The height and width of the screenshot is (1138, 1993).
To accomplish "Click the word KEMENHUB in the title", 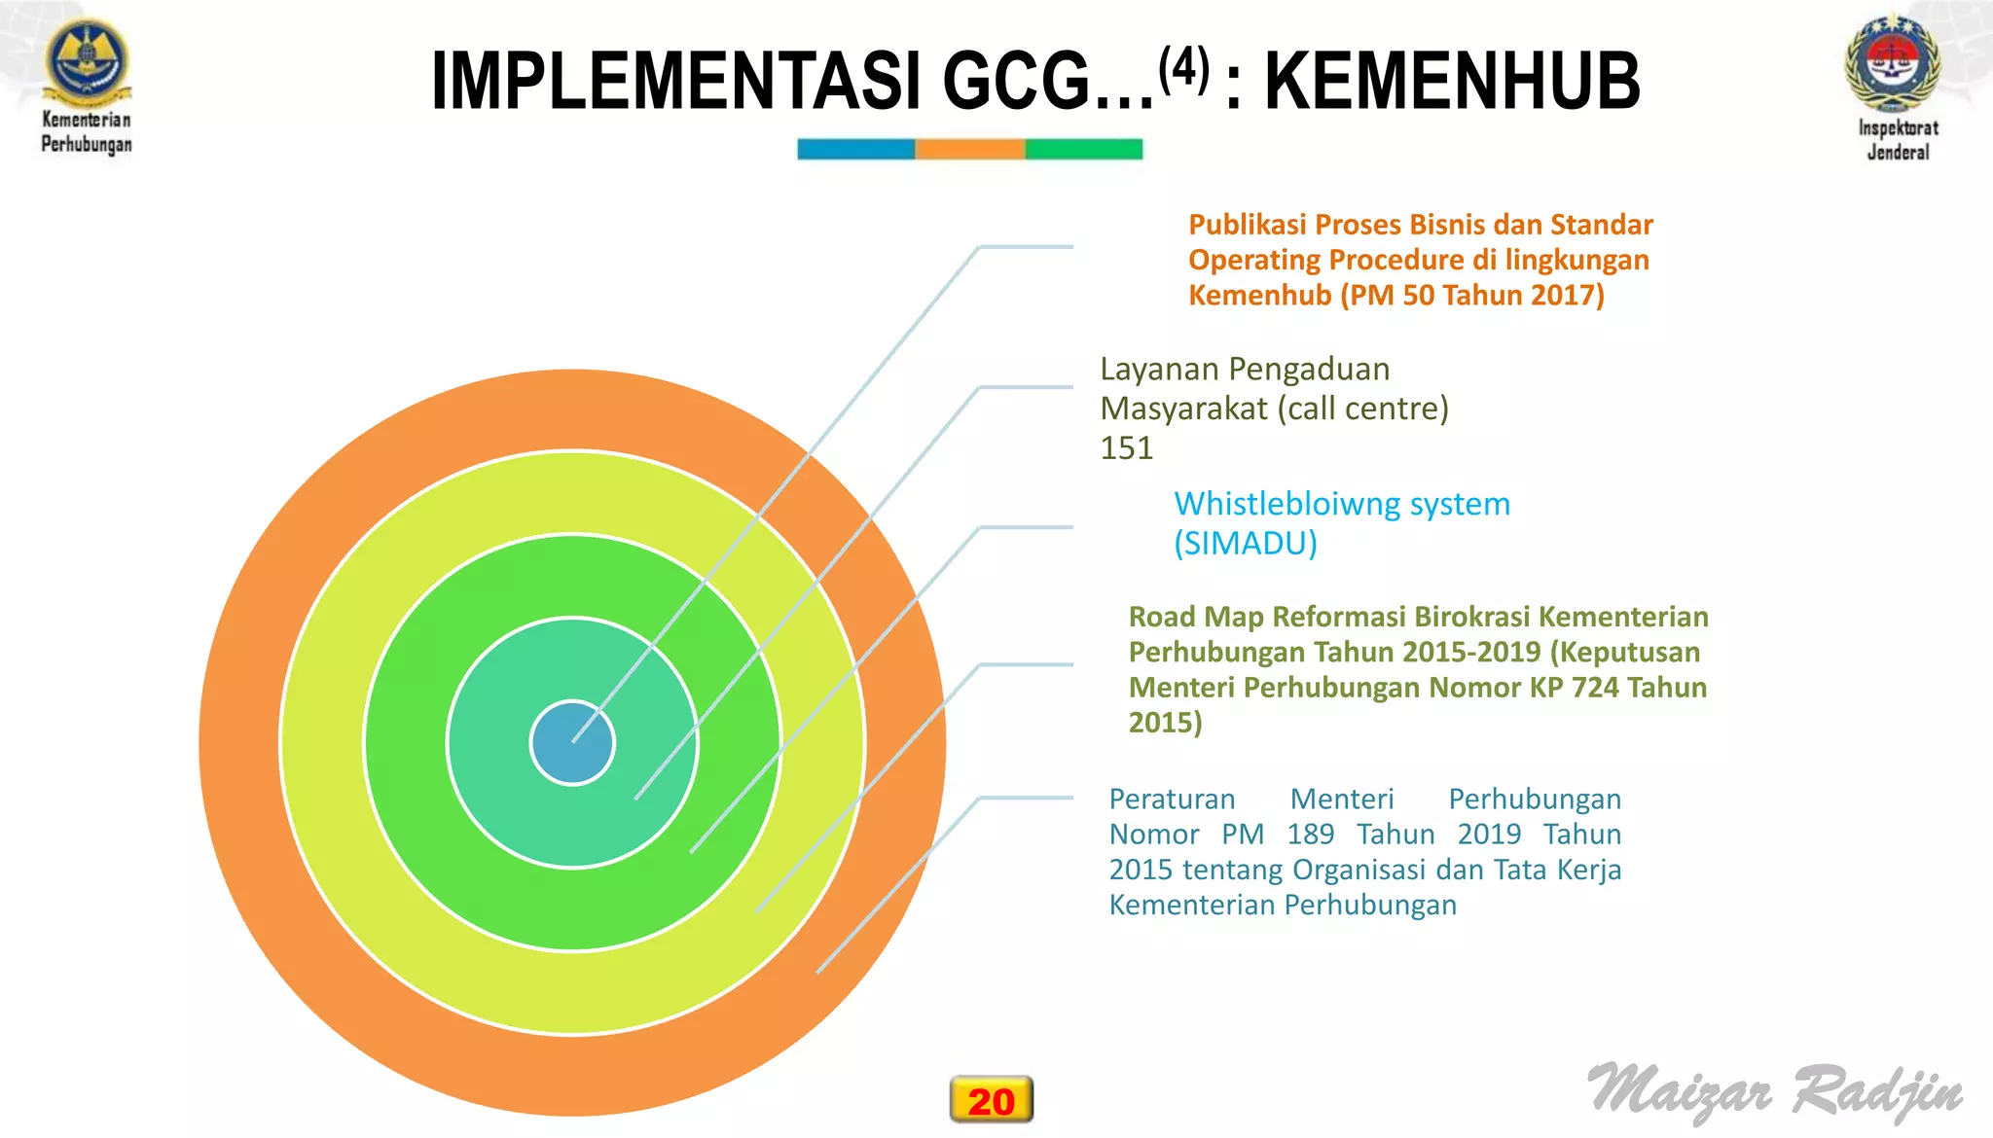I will coord(1452,82).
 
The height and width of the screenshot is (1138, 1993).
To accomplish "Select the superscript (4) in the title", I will coord(1183,67).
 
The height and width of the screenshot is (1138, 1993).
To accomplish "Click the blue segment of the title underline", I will coord(855,149).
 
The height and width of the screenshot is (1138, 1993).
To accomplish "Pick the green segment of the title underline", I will coord(1083,149).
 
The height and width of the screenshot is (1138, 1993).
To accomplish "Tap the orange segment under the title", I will coord(969,149).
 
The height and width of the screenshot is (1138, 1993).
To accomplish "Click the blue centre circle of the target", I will coord(572,743).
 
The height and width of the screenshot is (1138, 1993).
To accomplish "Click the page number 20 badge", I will coord(991,1100).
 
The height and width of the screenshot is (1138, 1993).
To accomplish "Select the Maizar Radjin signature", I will coord(1775,1092).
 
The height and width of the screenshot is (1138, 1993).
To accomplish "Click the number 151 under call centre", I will coord(1126,448).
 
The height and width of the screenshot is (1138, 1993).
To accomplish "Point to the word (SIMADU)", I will coord(1245,543).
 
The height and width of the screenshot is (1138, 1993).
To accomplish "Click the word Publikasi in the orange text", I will coord(1247,225).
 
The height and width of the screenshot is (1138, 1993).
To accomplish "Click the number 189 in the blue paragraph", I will coord(1310,835).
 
